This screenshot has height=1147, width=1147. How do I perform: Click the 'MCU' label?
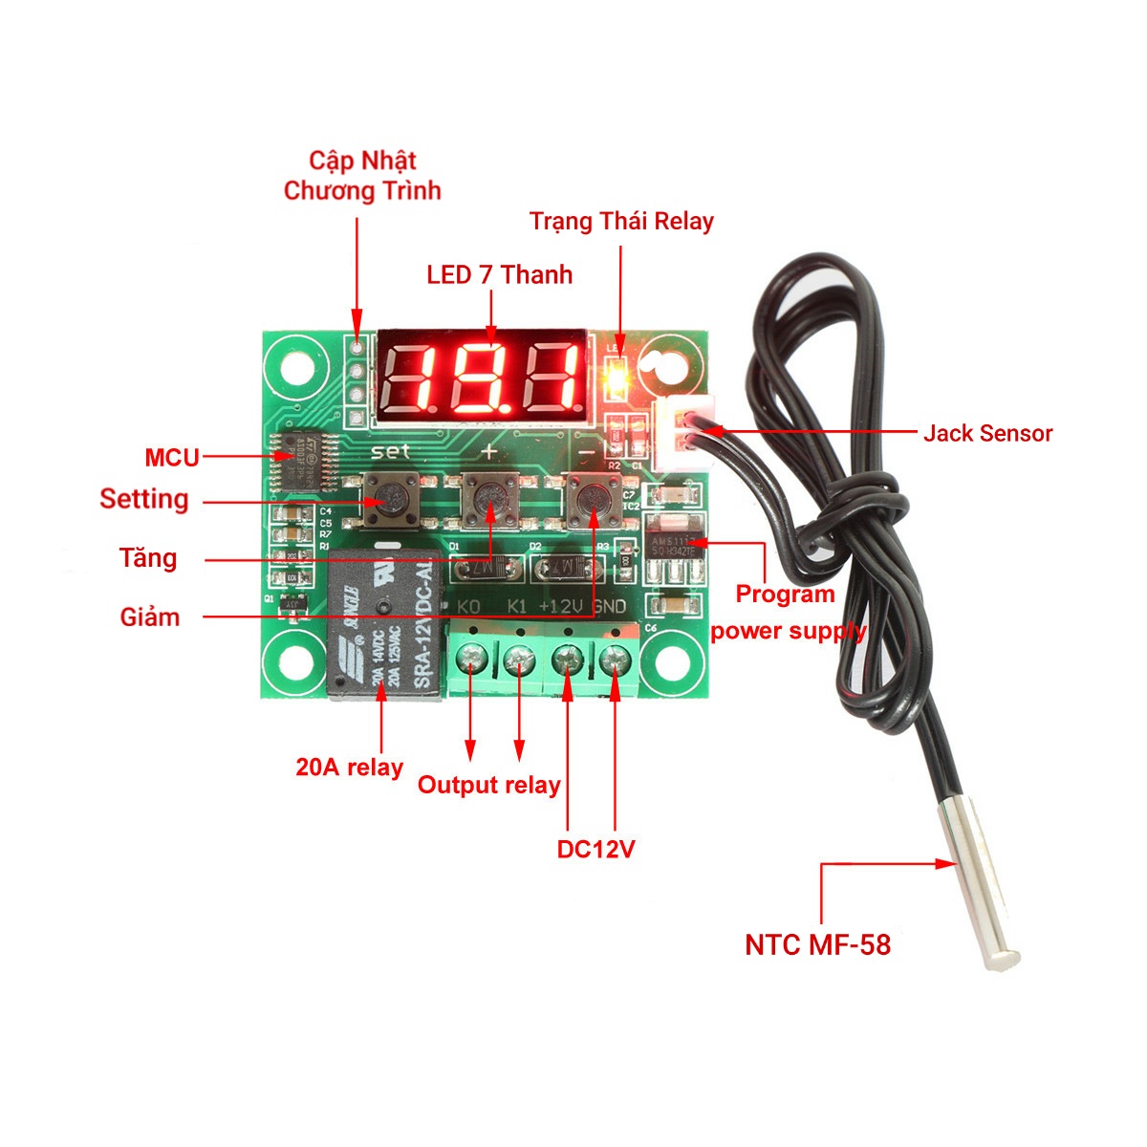point(172,458)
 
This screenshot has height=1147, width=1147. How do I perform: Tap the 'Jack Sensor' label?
point(987,433)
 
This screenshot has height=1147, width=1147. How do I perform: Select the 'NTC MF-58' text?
point(817,944)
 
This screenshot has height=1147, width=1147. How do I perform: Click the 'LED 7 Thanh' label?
point(499,275)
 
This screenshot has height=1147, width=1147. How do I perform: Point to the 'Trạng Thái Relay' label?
point(621,222)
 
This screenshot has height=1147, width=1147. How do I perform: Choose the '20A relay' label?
point(349,767)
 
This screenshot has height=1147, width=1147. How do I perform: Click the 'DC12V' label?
point(595,849)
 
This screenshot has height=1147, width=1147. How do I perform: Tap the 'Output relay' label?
point(488,786)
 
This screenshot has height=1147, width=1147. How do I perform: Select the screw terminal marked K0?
point(470,659)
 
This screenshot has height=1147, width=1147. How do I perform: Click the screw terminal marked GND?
point(615,659)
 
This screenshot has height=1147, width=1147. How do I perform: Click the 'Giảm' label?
point(150,617)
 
